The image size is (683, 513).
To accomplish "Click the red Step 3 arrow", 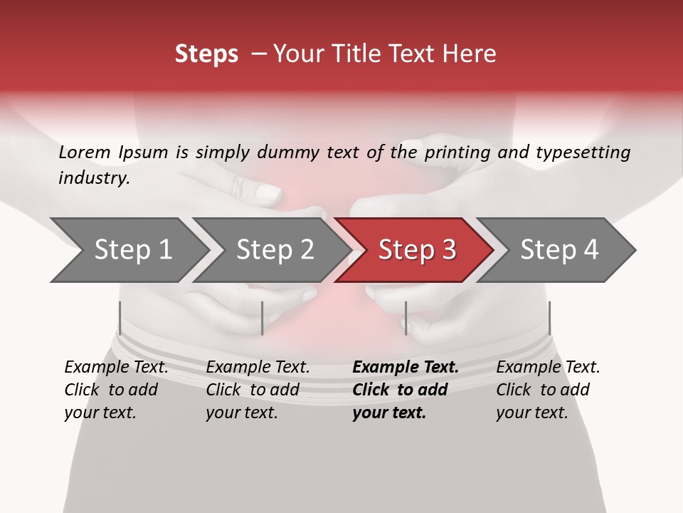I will pos(417,250).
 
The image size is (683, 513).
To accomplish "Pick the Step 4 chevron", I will pos(559,250).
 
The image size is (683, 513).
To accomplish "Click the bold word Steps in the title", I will pos(206,54).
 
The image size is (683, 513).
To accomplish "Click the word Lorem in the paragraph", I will pos(85,152).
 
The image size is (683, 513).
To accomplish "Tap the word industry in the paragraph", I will pos(94,178).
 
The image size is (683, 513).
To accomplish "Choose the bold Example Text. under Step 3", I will pos(406,368).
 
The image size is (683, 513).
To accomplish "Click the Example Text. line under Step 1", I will pos(116,368).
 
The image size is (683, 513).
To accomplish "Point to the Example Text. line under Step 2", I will pos(258,368).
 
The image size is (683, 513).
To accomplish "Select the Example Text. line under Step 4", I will pos(548,368).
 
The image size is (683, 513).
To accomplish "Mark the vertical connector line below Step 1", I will pos(120,318).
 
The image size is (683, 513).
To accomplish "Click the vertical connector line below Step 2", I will pos(263,318).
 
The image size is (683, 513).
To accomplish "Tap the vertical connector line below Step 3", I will pos(406,318).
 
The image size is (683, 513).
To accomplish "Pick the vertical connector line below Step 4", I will pos(549,318).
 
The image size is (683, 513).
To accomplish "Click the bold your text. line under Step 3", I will pos(388,413).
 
